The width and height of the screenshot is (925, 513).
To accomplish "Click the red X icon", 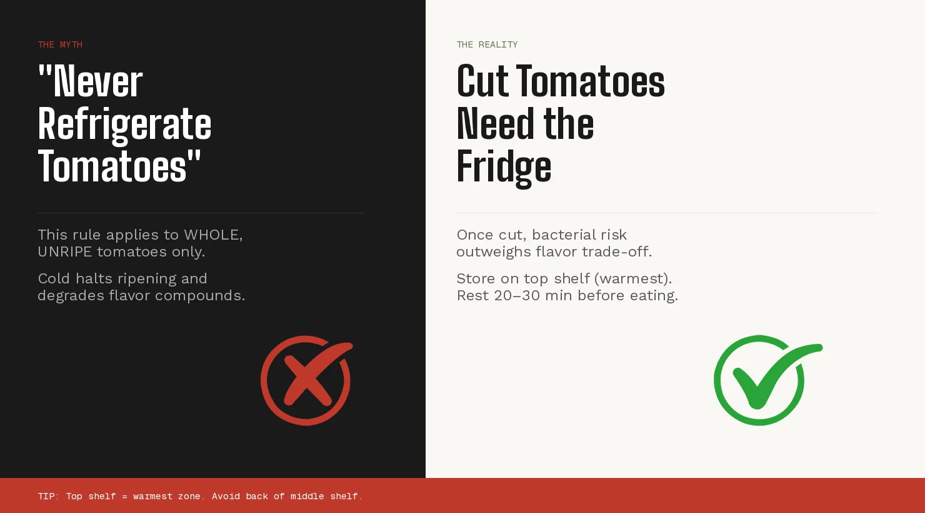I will (x=306, y=380).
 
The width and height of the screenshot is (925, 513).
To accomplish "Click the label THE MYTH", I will (x=60, y=44).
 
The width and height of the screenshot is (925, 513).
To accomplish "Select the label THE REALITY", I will (x=487, y=44).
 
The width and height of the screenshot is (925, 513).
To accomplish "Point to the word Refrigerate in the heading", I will (x=124, y=124).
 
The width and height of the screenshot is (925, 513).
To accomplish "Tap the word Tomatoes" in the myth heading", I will (x=119, y=166).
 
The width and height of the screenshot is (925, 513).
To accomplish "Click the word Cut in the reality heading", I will (x=482, y=81).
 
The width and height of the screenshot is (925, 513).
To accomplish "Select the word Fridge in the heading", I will (x=504, y=166).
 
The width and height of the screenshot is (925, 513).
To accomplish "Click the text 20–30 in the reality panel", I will (x=517, y=295).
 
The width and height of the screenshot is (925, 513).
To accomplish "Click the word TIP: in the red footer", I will (x=48, y=496).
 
